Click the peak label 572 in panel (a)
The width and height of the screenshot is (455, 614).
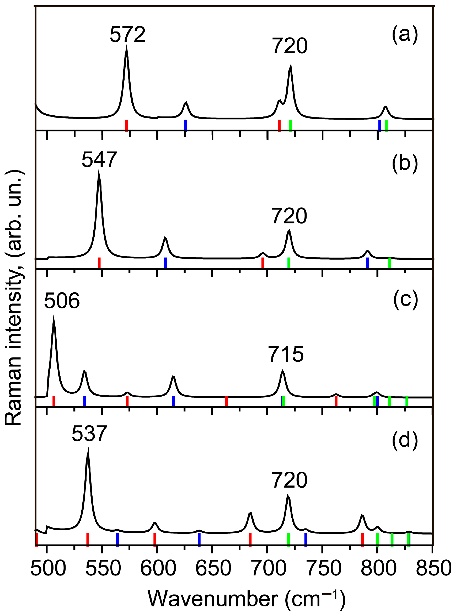click(x=127, y=35)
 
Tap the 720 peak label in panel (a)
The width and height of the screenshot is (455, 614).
click(x=290, y=46)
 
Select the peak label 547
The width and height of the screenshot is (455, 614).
click(x=99, y=160)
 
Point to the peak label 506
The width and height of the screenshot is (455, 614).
click(x=62, y=301)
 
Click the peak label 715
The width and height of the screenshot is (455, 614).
click(x=286, y=355)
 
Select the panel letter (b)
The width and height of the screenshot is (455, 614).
click(x=405, y=163)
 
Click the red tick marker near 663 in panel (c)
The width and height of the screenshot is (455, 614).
click(x=226, y=402)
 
